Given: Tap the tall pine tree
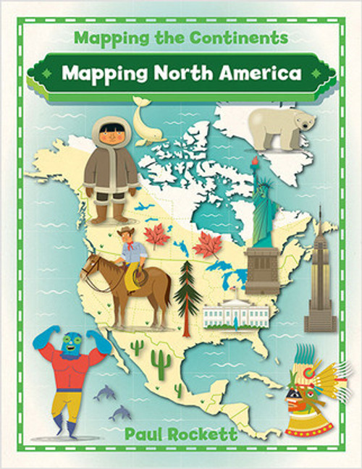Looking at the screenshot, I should pyautogui.click(x=187, y=292).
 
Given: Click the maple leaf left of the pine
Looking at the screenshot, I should pyautogui.click(x=156, y=235).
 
